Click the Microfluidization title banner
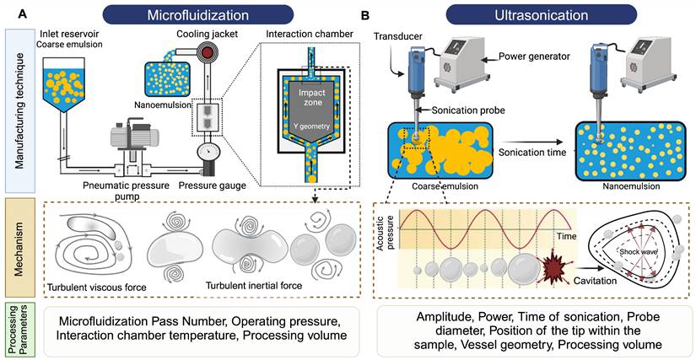(x=197, y=13)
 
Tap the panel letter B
(x=364, y=14)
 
